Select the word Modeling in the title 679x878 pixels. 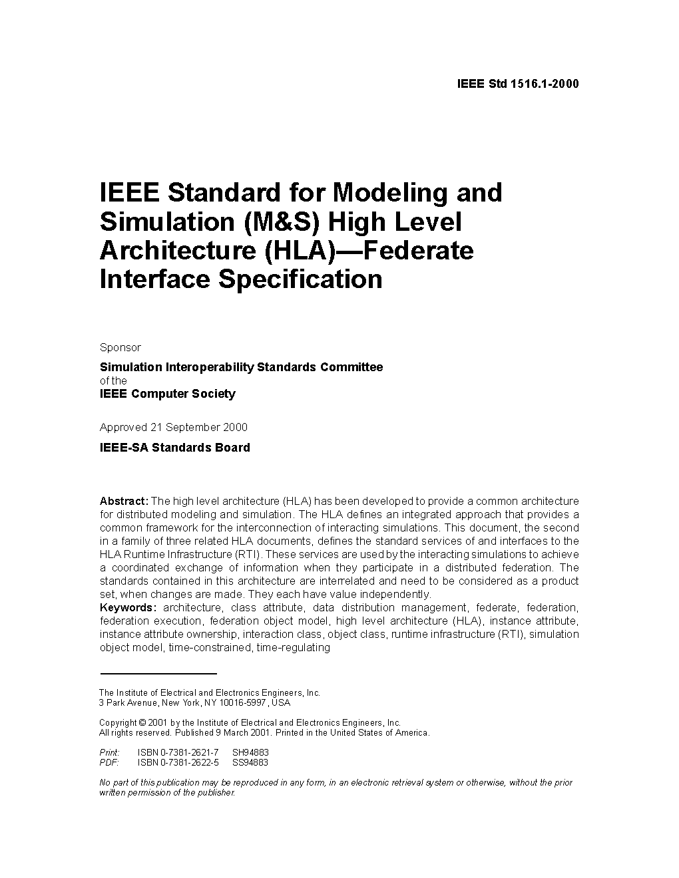click(389, 193)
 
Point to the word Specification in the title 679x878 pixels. click(300, 279)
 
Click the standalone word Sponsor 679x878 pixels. click(120, 347)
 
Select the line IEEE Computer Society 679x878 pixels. click(167, 394)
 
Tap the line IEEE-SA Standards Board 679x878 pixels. click(174, 448)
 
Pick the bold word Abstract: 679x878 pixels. click(124, 501)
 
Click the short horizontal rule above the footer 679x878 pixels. click(158, 674)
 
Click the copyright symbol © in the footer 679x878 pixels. click(142, 723)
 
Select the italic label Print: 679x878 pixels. click(109, 752)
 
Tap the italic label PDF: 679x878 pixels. click(109, 762)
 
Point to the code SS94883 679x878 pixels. click(250, 762)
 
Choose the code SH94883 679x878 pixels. click(250, 752)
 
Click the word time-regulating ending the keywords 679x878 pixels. click(293, 647)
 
